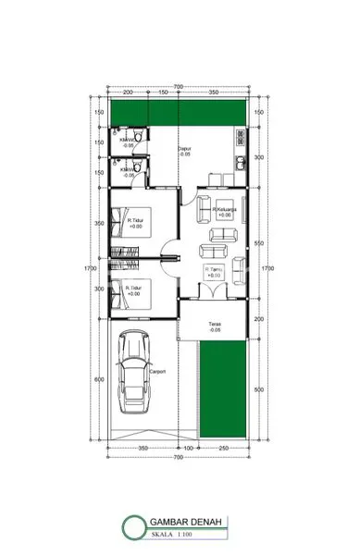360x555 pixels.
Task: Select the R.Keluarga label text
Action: point(225,210)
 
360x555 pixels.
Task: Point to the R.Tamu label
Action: point(213,270)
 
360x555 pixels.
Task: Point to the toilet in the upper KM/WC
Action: point(135,142)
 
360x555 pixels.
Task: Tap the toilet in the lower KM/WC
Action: point(135,168)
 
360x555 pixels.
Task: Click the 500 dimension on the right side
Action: point(256,389)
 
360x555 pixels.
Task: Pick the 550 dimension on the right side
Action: point(256,242)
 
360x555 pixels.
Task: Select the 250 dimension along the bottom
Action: point(223,449)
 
